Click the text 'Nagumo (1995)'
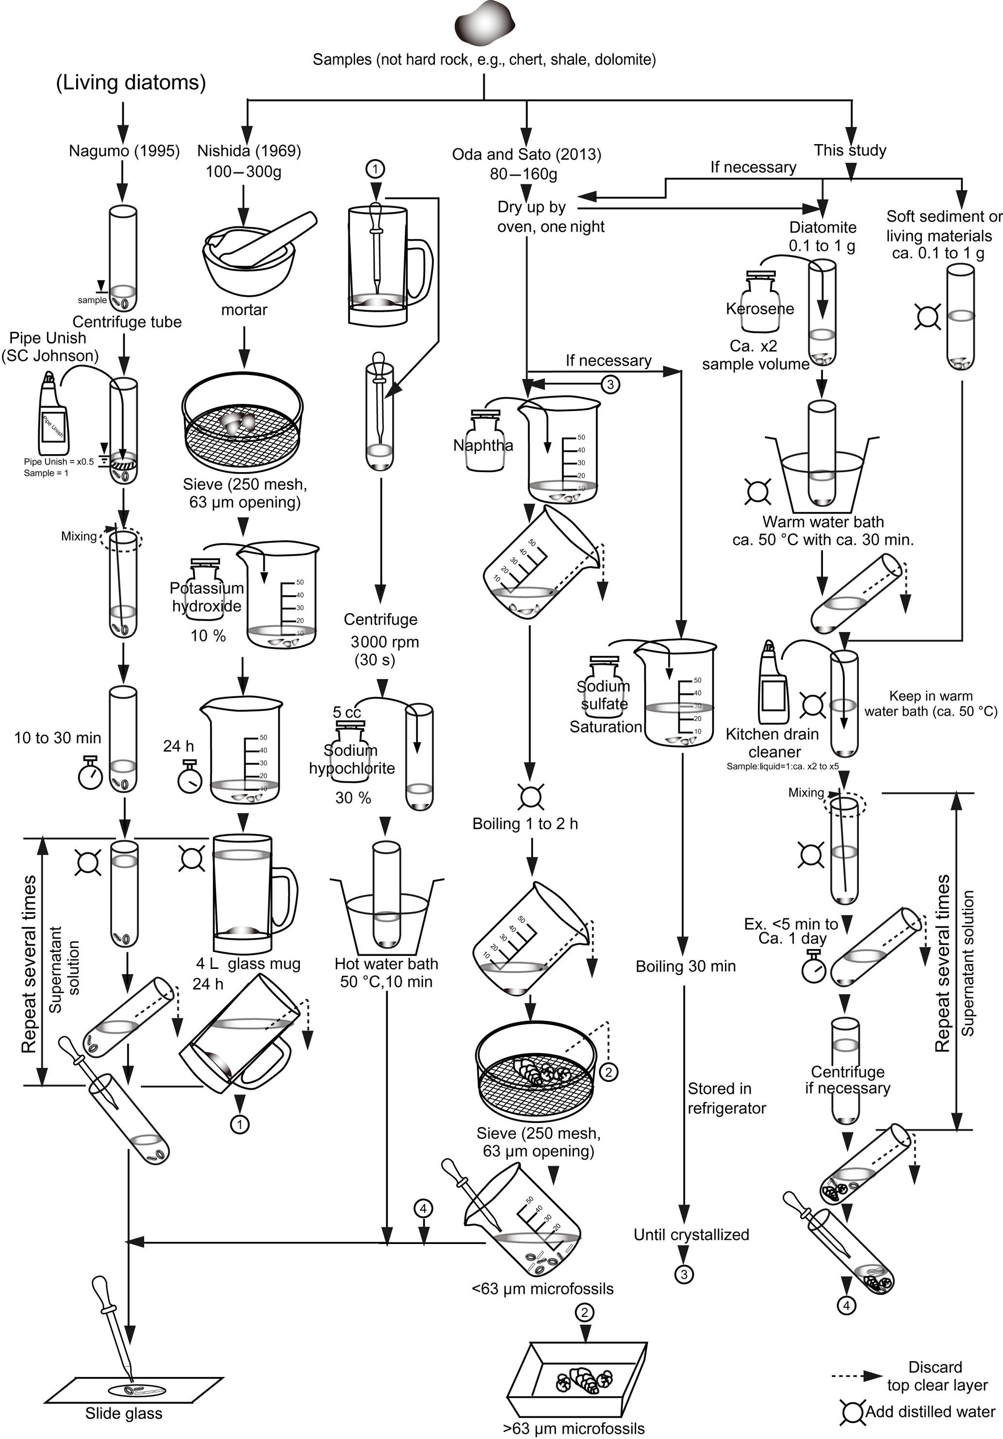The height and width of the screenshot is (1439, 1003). point(124,151)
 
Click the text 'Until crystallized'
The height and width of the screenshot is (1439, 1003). point(691,1234)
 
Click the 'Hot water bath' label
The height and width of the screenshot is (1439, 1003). point(386,964)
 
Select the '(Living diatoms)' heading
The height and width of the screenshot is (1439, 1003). point(131,83)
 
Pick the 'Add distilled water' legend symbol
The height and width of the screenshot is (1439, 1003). point(853,1412)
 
